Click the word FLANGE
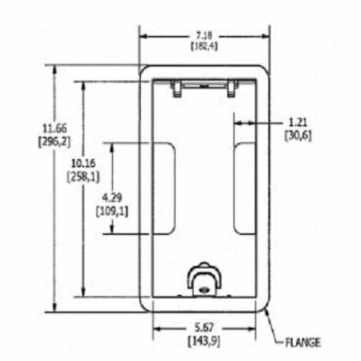pyautogui.click(x=303, y=342)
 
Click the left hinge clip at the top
pyautogui.click(x=177, y=88)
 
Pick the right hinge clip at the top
pyautogui.click(x=232, y=88)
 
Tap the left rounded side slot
pyautogui.click(x=164, y=188)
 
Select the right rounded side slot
pyautogui.click(x=244, y=188)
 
